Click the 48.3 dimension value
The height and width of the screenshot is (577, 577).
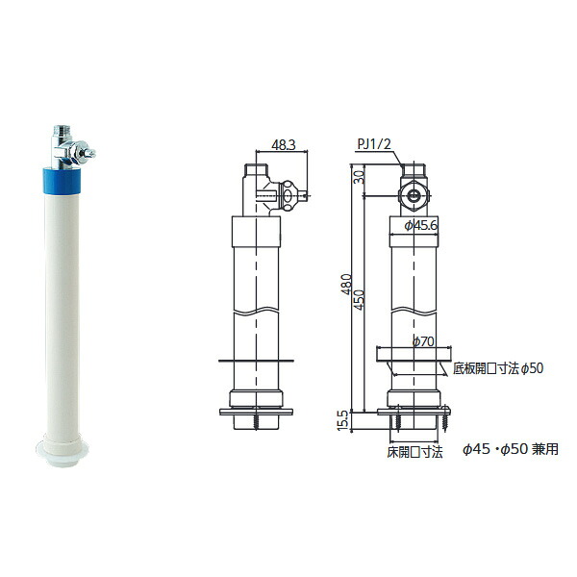point(284,145)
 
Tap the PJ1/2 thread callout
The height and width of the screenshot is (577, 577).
point(374,144)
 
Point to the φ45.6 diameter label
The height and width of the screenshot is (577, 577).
point(421,225)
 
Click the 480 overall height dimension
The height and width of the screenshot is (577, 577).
point(346,284)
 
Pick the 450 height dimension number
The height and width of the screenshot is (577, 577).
point(359,299)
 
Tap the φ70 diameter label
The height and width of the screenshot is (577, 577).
point(423,341)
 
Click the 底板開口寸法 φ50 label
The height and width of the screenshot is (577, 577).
point(498,368)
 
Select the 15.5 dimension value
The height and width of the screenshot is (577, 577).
point(342,420)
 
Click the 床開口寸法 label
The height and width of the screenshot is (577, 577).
point(414,452)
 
